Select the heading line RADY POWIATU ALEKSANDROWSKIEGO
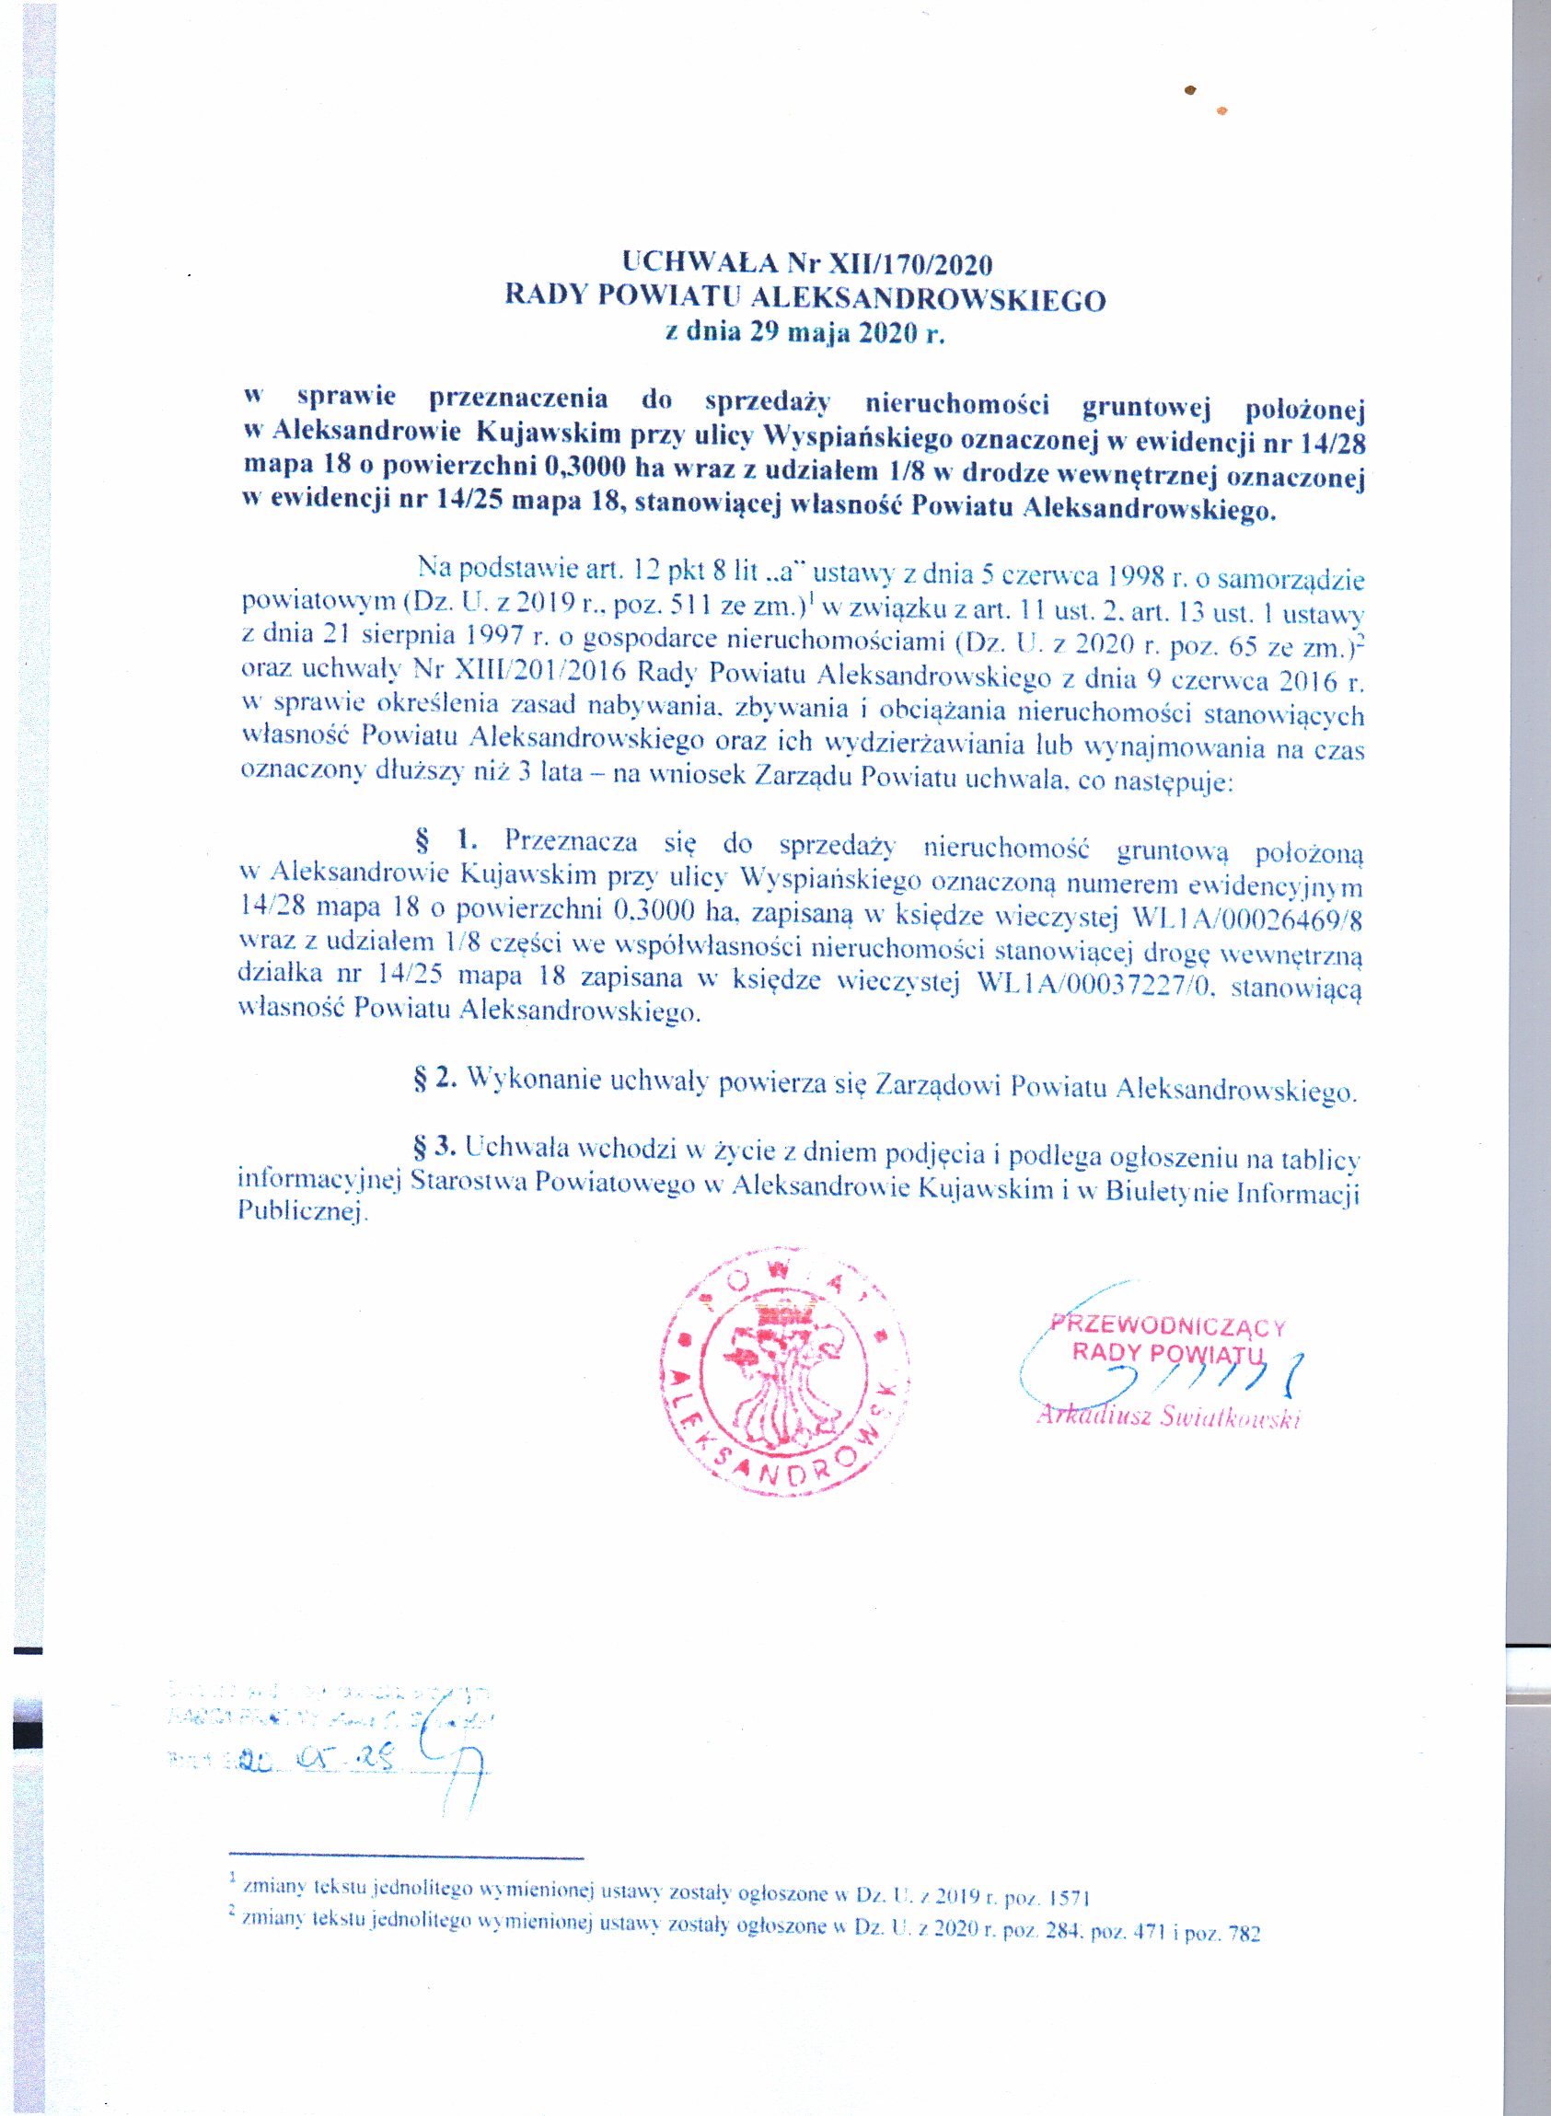point(804,297)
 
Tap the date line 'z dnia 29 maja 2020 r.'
point(804,332)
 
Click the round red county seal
point(784,1373)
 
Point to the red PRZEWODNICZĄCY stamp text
point(1168,1326)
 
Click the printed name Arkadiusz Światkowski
point(1168,1416)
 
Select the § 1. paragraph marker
point(446,838)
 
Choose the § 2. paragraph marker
point(434,1078)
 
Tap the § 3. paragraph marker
point(434,1146)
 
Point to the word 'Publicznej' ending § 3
point(300,1211)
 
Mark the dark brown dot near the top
point(1190,90)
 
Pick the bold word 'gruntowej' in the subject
point(1145,408)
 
